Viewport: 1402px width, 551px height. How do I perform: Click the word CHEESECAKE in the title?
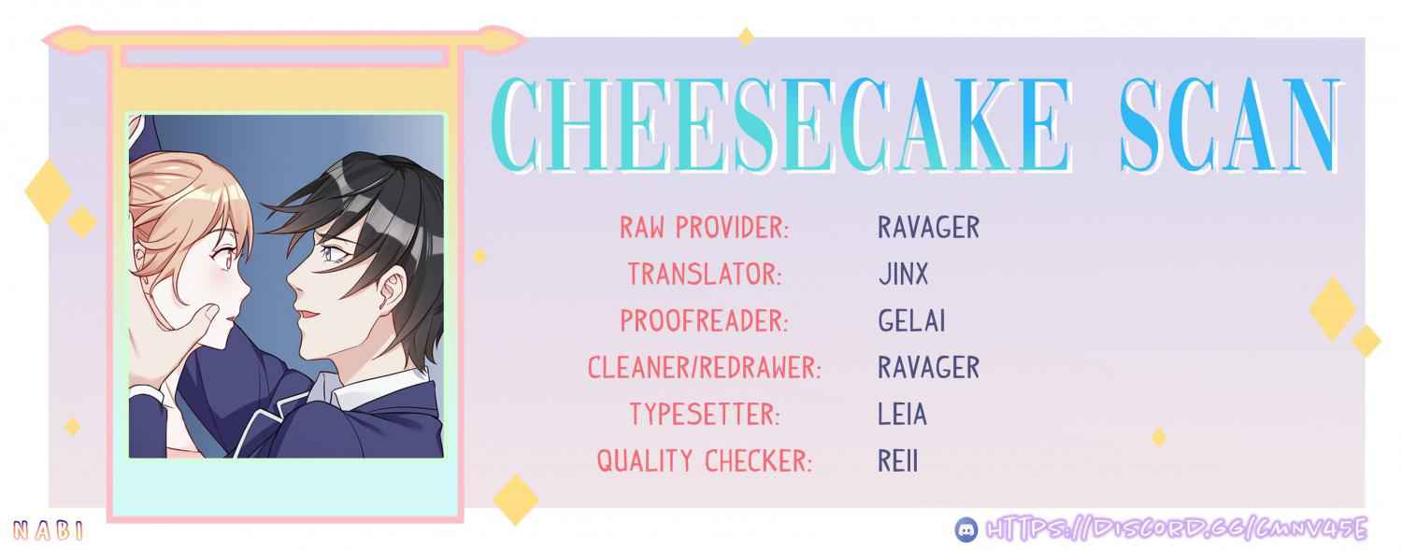pos(780,125)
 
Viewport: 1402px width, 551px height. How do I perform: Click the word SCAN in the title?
pos(1229,125)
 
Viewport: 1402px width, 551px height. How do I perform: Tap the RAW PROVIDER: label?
pos(704,227)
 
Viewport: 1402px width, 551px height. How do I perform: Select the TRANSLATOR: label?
pos(705,274)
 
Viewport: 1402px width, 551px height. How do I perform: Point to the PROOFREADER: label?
pos(704,321)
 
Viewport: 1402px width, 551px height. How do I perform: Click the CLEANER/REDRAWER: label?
pos(704,367)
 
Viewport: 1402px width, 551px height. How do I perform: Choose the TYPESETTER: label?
pos(705,414)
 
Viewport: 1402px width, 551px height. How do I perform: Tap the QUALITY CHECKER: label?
pos(704,461)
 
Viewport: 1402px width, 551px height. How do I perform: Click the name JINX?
pos(903,274)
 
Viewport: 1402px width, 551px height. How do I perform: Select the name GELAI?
pos(911,321)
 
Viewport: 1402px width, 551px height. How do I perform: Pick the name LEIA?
pos(902,414)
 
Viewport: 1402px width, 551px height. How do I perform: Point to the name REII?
pos(897,461)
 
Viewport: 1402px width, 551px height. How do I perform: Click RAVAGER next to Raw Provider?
pos(929,227)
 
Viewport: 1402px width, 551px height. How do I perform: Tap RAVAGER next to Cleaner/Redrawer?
pos(929,367)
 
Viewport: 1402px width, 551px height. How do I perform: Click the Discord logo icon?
pos(967,530)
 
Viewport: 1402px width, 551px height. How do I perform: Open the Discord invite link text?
pos(1177,530)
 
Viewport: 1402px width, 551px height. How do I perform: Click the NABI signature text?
pos(49,531)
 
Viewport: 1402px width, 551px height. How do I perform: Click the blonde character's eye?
pos(223,257)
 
